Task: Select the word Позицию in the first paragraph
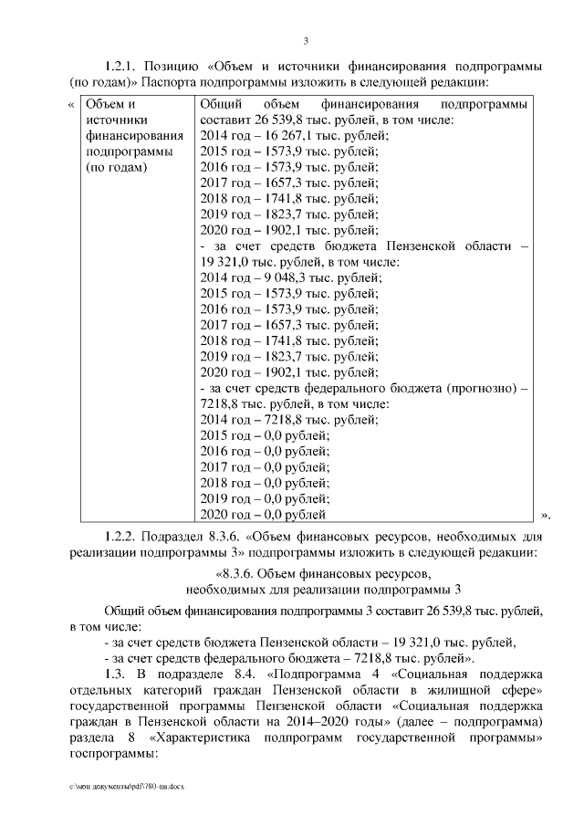[179, 68]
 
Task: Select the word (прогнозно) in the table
[484, 390]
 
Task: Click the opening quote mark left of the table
[72, 103]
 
